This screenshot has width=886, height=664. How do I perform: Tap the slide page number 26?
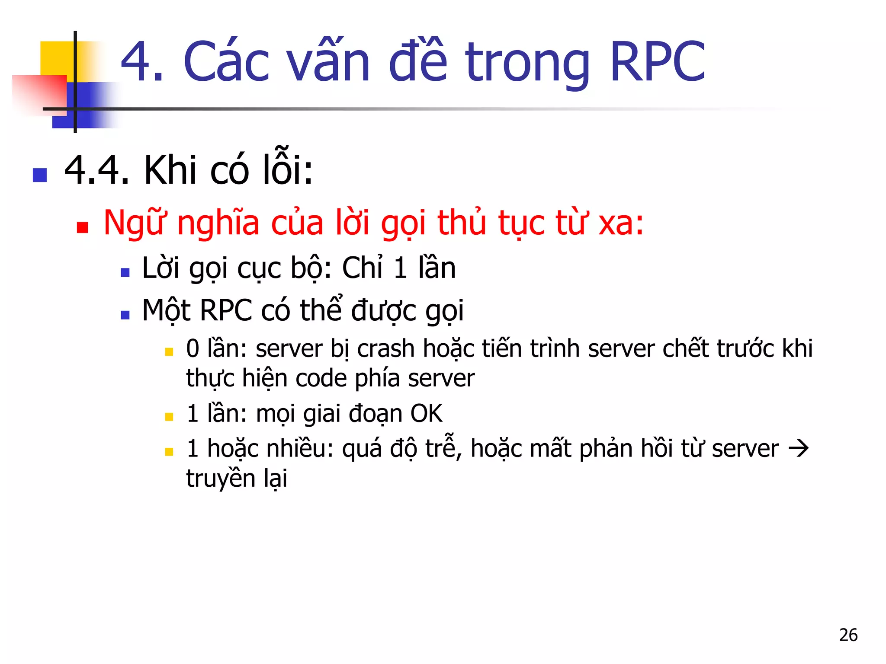tap(848, 635)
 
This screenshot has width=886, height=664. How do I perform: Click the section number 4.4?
tap(96, 170)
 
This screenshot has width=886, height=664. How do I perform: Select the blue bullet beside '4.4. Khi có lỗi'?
tap(40, 175)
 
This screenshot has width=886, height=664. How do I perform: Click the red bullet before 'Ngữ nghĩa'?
tap(82, 227)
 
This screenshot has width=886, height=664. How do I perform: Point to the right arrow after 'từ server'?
tap(798, 448)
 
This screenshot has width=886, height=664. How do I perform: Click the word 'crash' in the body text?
tap(386, 348)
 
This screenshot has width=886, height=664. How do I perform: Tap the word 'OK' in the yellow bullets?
tap(426, 414)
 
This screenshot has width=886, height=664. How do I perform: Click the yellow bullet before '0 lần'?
tap(169, 351)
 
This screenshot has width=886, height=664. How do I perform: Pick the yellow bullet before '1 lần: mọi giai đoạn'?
tap(169, 417)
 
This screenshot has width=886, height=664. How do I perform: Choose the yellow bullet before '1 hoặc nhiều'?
tap(169, 452)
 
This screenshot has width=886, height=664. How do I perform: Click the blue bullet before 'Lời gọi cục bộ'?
tap(125, 272)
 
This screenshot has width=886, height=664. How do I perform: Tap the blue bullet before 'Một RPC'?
tap(125, 315)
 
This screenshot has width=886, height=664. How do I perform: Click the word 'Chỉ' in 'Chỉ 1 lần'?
tap(363, 268)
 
